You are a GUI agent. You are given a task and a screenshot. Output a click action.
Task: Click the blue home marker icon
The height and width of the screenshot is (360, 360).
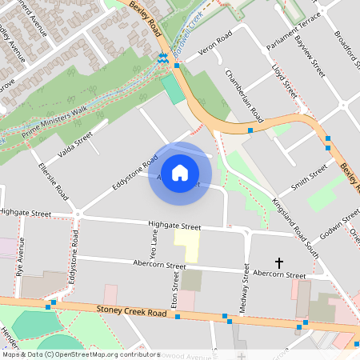coord(180,172)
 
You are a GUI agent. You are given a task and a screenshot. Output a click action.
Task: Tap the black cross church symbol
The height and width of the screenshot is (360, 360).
coord(280,262)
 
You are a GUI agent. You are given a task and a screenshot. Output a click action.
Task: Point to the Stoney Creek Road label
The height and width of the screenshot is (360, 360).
coord(132,311)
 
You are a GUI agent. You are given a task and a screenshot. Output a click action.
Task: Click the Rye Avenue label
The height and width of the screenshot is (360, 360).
coord(18,260)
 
